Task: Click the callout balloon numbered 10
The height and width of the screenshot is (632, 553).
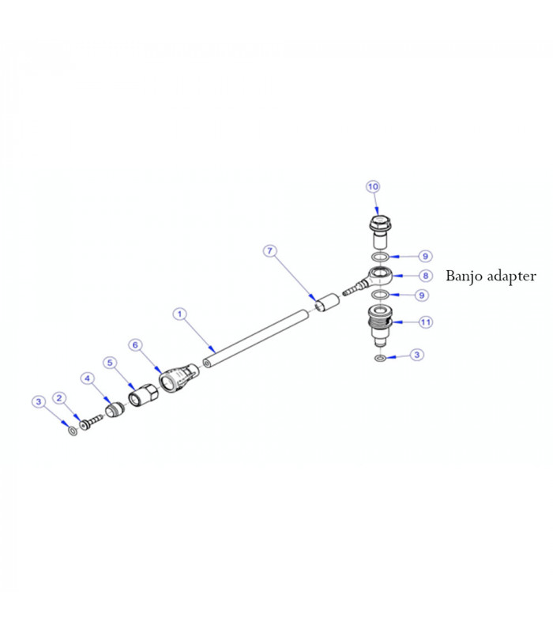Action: click(373, 186)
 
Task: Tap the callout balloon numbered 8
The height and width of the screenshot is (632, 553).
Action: click(425, 276)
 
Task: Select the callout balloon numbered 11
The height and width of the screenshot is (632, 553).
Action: click(425, 322)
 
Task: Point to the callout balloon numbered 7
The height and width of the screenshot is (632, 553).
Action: click(270, 251)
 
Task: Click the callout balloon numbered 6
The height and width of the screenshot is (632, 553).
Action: click(135, 344)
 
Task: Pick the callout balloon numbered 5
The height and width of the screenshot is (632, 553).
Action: click(111, 362)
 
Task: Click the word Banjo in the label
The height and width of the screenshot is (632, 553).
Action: click(465, 276)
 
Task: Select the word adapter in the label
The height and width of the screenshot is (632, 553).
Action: click(511, 276)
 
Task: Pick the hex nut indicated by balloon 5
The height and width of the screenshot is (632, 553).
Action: click(142, 394)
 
